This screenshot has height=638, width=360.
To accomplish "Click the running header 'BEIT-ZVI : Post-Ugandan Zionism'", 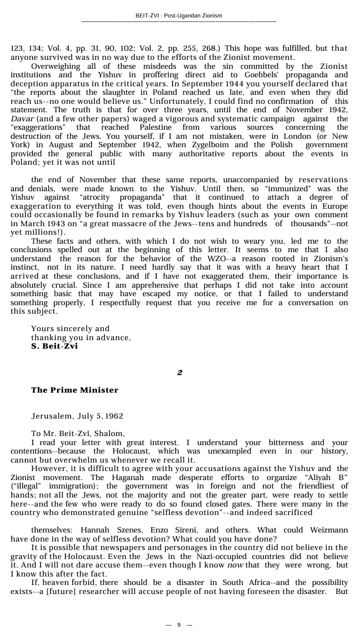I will (179, 15).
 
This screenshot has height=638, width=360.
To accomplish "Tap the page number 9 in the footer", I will (179, 624).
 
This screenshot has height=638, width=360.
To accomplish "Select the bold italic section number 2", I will (179, 372).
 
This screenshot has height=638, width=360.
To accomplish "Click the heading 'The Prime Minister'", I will (74, 390).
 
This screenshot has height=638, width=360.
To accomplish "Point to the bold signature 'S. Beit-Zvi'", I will (54, 346).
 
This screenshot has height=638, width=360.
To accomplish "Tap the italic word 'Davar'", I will (22, 118).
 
